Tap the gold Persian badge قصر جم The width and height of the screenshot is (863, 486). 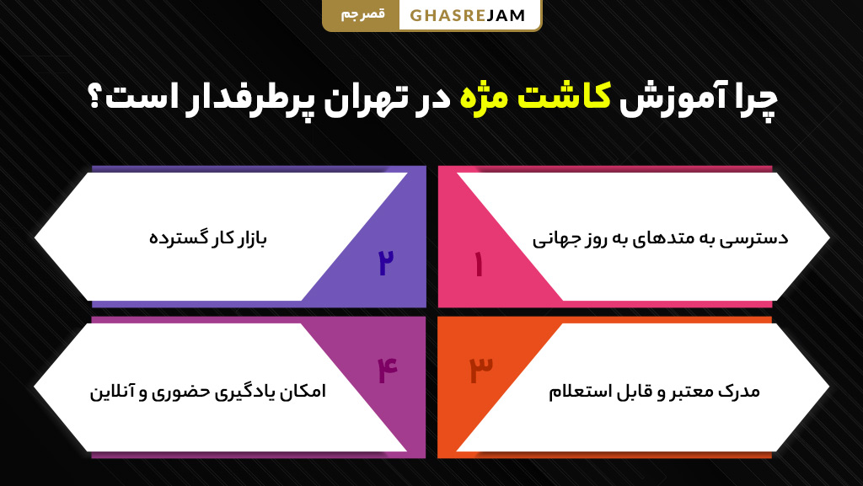point(361,15)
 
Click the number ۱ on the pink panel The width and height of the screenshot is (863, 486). point(478,264)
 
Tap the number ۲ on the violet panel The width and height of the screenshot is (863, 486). point(386,264)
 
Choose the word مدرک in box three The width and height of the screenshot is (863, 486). point(741,392)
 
